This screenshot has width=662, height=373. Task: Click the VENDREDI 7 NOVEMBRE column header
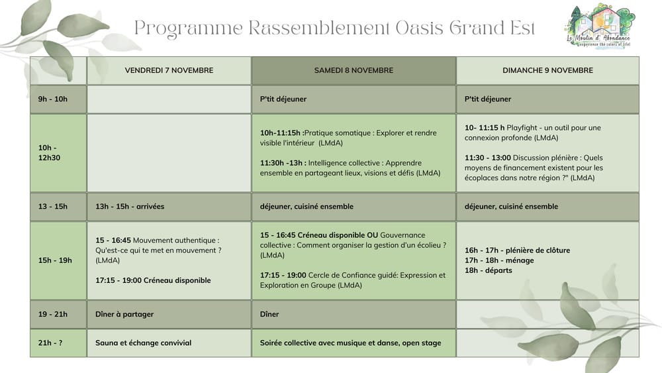click(x=169, y=70)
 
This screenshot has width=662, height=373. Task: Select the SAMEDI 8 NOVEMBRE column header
click(x=354, y=70)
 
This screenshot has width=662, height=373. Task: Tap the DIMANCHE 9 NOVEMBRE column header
click(x=547, y=70)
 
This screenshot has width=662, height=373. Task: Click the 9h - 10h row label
click(x=53, y=99)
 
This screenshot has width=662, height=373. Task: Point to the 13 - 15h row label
click(x=53, y=207)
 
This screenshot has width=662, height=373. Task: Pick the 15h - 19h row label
click(x=55, y=260)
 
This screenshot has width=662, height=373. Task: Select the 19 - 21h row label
click(x=53, y=314)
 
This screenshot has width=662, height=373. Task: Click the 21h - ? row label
click(x=50, y=343)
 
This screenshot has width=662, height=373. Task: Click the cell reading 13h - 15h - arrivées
click(x=130, y=207)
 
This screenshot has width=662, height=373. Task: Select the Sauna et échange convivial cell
click(x=143, y=343)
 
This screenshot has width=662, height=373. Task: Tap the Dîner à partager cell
click(x=124, y=314)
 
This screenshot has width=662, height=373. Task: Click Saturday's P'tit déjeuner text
click(x=283, y=99)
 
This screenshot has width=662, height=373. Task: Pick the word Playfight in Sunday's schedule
click(x=522, y=128)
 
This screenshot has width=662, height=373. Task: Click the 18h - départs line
click(x=488, y=270)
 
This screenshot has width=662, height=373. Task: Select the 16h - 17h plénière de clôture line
click(x=517, y=250)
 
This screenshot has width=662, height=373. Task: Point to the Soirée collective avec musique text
click(x=350, y=343)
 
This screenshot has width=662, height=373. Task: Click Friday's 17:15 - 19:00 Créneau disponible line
click(x=153, y=280)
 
